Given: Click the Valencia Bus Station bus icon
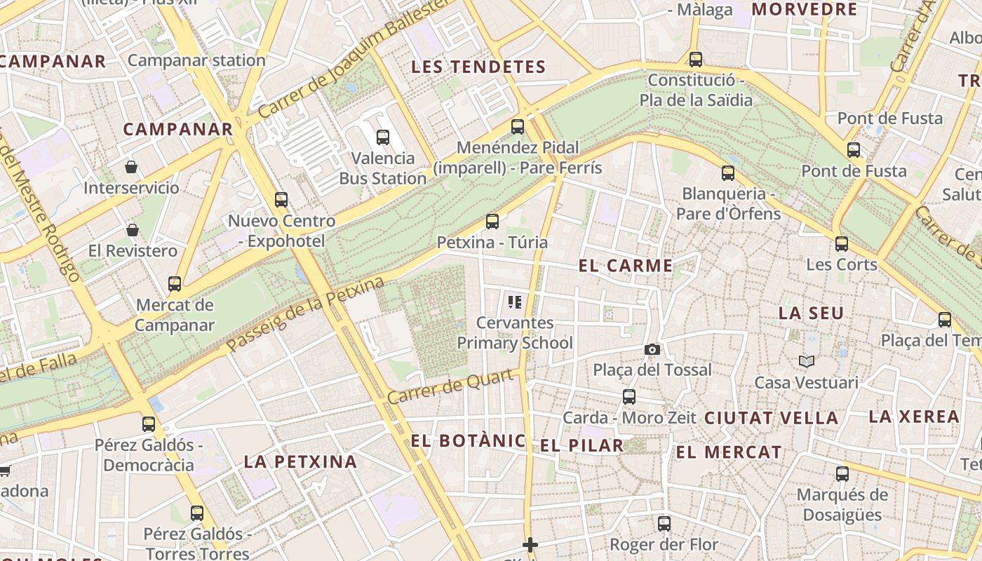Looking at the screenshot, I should (x=383, y=137).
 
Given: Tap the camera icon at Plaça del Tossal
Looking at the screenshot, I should (x=652, y=349).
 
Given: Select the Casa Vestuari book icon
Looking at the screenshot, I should (x=807, y=361).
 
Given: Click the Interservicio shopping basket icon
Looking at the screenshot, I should (x=131, y=166).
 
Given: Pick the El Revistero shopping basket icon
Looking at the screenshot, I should (x=132, y=229).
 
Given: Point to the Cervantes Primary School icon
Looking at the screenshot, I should (x=515, y=302).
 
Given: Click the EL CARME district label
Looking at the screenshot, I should (x=625, y=266).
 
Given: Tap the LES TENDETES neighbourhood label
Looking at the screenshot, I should (x=478, y=67).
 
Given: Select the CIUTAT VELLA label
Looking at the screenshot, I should (x=771, y=419).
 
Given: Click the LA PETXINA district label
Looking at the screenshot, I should (x=300, y=461).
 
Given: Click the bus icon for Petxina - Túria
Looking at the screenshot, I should (x=492, y=222).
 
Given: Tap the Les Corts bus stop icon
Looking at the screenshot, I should (x=842, y=244).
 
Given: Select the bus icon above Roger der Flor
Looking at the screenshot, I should (x=664, y=523).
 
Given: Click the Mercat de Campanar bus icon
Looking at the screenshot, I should (x=175, y=284).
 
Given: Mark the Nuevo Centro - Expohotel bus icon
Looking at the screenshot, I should (x=281, y=200).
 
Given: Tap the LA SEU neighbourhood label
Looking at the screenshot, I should (x=811, y=313).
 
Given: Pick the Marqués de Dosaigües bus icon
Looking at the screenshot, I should (x=842, y=474).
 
